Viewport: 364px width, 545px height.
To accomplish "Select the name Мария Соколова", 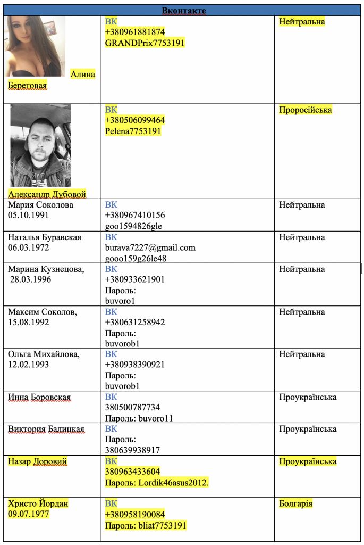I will [40, 205].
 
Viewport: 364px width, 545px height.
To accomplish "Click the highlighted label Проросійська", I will [305, 110].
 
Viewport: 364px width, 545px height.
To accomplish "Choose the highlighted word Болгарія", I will [295, 503].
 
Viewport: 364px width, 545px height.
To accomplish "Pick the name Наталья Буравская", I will [45, 237].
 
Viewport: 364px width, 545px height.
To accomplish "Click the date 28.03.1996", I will [30, 279].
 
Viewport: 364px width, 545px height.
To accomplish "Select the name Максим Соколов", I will [43, 312].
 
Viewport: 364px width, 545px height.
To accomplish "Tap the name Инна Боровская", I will [39, 397].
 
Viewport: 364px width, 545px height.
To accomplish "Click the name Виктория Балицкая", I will [46, 429].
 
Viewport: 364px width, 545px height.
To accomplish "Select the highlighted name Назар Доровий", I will [37, 461].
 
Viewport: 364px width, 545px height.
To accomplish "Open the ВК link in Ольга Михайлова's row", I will [111, 354].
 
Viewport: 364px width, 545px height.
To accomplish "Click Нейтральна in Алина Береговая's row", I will [302, 22].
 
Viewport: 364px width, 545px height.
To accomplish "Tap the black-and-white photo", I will [40, 145].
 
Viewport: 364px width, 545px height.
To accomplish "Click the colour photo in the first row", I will [35, 46].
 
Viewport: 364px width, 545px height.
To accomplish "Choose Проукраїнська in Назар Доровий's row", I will [308, 461].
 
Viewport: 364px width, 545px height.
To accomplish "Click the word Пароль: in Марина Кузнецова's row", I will [120, 291].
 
